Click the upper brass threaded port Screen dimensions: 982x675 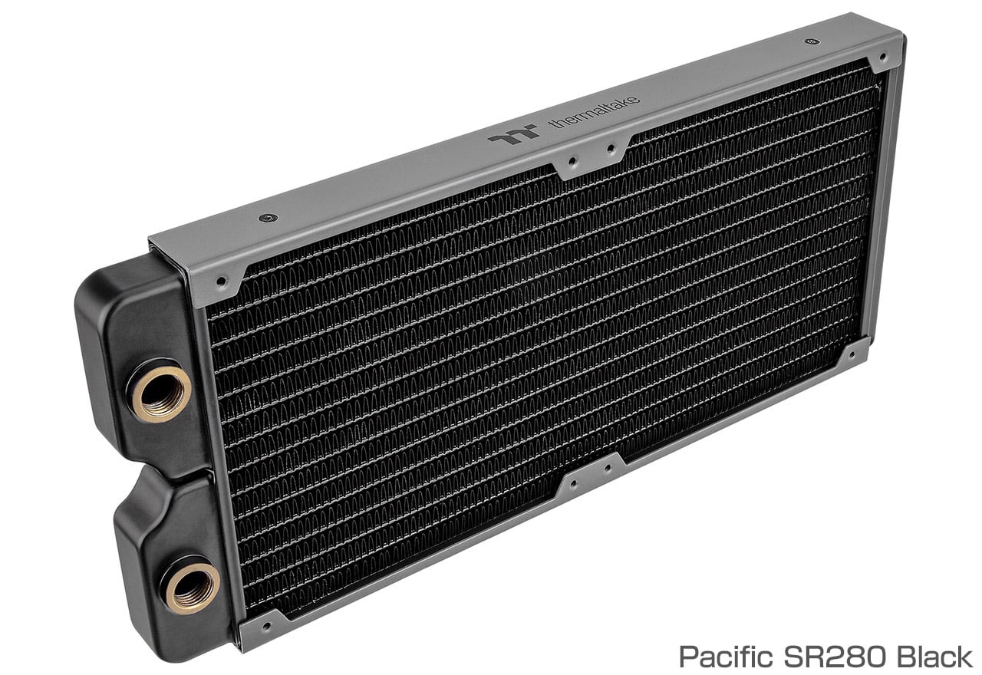coord(161,394)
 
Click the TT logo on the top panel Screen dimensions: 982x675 coord(514,134)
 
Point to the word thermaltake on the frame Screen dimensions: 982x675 coord(595,111)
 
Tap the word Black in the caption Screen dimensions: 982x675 coord(935,657)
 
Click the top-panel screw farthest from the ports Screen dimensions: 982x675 coord(812,41)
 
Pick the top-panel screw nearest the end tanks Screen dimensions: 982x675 coord(269,217)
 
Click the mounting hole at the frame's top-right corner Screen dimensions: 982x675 coord(883,57)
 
